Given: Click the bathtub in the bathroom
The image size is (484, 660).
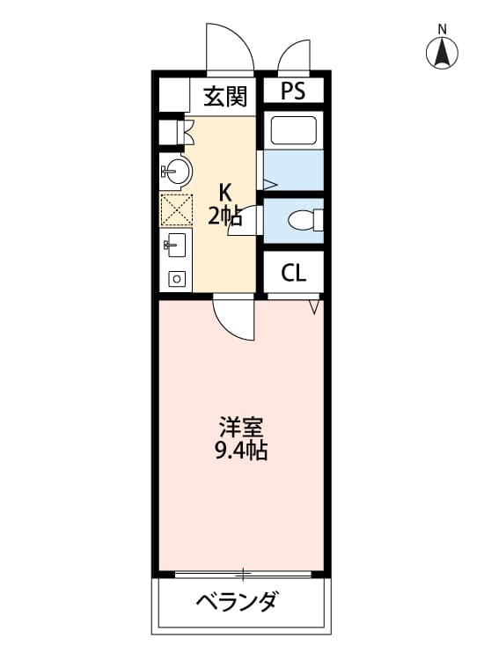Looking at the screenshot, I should [295, 130].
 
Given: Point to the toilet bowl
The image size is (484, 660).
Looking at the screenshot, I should [304, 219].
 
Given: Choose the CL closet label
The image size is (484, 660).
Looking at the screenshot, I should [293, 273].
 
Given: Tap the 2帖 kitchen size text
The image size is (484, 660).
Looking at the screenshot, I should [225, 216].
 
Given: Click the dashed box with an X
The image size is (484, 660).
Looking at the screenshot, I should [175, 209].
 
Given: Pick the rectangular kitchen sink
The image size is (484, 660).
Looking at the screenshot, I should [174, 245].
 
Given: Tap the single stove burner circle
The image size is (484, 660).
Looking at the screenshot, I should [177, 279].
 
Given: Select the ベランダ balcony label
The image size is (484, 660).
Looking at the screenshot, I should [237, 603].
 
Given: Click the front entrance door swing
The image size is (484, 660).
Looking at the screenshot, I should [229, 48].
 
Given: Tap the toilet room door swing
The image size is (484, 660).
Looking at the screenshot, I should [247, 220].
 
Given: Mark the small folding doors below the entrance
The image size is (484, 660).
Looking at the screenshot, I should [186, 131].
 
